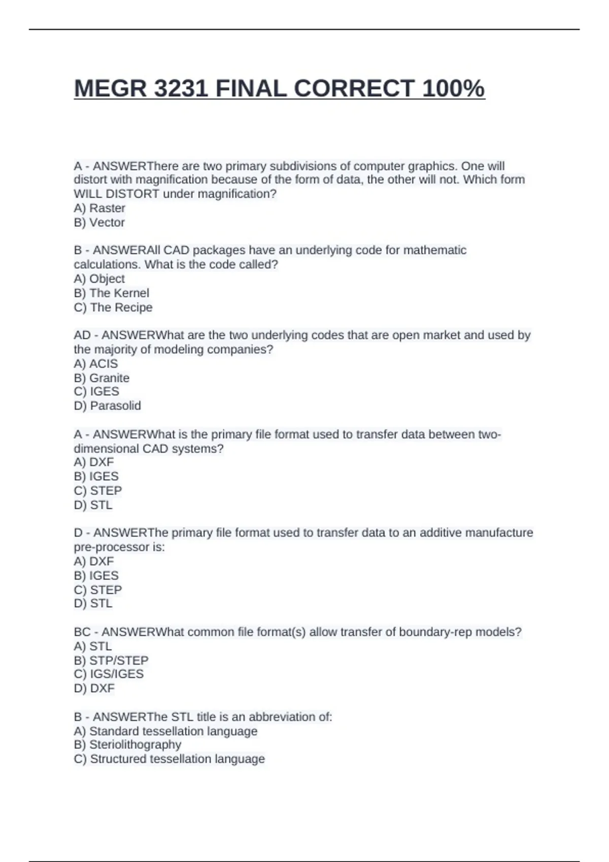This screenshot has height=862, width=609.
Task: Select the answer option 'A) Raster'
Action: pyautogui.click(x=99, y=208)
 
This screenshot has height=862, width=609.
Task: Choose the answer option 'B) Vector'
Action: pyautogui.click(x=99, y=222)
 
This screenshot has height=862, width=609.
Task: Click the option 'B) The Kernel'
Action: pyautogui.click(x=112, y=293)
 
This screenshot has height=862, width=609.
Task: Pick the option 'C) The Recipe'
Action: pyautogui.click(x=113, y=307)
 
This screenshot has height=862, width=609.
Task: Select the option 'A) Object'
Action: pyautogui.click(x=99, y=279)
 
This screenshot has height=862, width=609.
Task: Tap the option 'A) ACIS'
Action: pyautogui.click(x=96, y=364)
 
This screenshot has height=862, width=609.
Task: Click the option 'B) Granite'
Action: pyautogui.click(x=101, y=378)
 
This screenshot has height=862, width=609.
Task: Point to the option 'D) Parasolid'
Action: pyautogui.click(x=108, y=406)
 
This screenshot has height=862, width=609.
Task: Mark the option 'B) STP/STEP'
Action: pyautogui.click(x=111, y=660)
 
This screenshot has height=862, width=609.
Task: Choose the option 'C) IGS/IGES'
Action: pyautogui.click(x=109, y=674)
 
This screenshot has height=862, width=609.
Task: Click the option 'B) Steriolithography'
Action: pyautogui.click(x=127, y=744)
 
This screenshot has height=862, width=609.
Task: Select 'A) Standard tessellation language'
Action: pyautogui.click(x=165, y=731)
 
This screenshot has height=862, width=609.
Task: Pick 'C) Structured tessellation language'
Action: pyautogui.click(x=170, y=759)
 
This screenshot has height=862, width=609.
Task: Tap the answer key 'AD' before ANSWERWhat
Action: pyautogui.click(x=82, y=335)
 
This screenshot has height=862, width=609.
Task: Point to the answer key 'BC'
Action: pyautogui.click(x=82, y=632)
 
